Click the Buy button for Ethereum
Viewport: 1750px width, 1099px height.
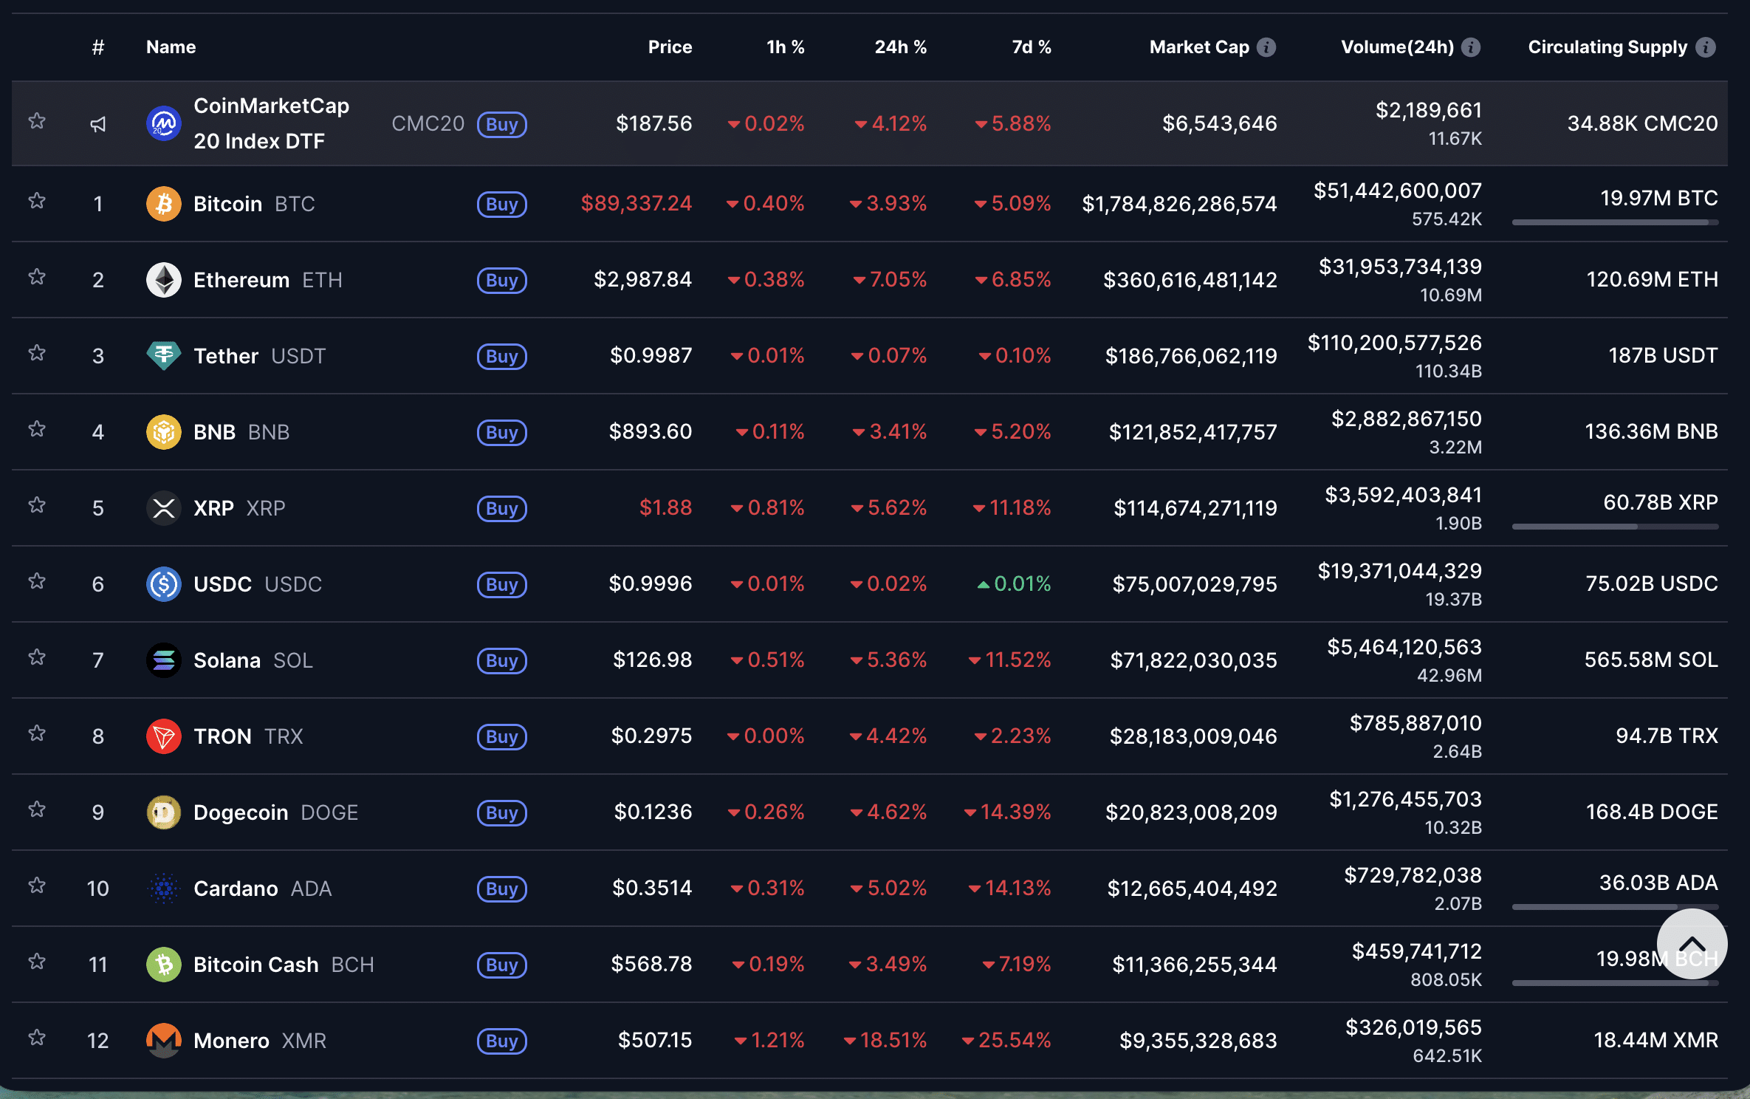[x=501, y=281]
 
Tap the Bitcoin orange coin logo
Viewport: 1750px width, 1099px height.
[x=164, y=204]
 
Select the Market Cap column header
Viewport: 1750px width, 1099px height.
[x=1199, y=47]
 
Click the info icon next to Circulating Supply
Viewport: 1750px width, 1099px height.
[x=1706, y=47]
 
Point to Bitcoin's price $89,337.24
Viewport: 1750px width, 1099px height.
[x=636, y=203]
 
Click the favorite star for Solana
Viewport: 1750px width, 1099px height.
[x=37, y=657]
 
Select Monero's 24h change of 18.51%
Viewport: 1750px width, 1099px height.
[x=885, y=1041]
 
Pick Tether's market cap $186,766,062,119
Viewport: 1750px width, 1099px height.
[x=1191, y=356]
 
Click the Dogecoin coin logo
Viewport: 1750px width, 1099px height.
[x=164, y=812]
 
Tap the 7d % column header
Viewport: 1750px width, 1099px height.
[x=1031, y=47]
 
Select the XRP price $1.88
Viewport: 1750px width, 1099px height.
[x=665, y=508]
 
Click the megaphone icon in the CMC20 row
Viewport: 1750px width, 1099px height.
[x=98, y=124]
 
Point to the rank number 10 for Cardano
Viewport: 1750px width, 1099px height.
[x=98, y=889]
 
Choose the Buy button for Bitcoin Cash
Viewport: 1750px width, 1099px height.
[x=501, y=965]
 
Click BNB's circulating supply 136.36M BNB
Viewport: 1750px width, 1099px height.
[x=1651, y=432]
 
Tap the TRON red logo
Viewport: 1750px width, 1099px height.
[x=164, y=736]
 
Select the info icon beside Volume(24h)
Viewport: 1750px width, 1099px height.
[x=1471, y=47]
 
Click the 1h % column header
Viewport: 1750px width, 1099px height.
[x=785, y=47]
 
